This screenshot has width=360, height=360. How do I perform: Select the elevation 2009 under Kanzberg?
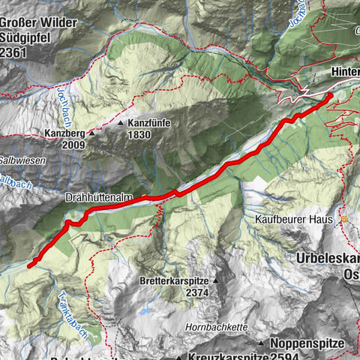point(73,145)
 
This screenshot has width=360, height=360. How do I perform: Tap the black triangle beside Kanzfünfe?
point(120,123)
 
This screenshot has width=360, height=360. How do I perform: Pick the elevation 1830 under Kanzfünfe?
point(139,134)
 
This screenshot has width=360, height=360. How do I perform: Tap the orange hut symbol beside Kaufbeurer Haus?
point(344,220)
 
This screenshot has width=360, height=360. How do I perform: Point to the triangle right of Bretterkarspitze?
point(215,281)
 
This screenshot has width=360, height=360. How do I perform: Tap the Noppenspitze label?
point(307,343)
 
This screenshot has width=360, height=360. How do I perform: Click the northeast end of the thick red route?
point(330,97)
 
